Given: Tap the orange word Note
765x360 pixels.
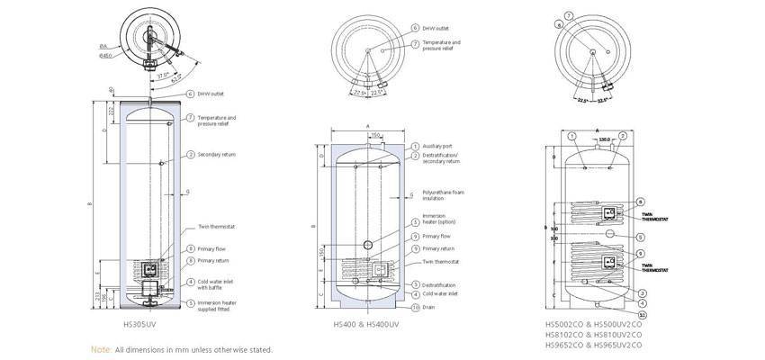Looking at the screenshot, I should (x=101, y=349).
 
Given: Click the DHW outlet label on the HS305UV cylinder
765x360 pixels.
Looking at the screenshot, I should (x=211, y=94).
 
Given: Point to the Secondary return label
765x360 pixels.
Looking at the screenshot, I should (x=216, y=155).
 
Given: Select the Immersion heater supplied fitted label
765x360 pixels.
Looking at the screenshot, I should (x=219, y=306).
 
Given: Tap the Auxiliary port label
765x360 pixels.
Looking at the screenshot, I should (x=437, y=146).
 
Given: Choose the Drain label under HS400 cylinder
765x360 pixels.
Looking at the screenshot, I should (x=428, y=307).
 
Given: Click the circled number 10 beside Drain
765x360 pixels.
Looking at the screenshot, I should (x=415, y=307).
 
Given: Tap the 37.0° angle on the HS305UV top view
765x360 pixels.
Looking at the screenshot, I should (x=162, y=75).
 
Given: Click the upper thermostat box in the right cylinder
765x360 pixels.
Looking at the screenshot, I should (x=608, y=213).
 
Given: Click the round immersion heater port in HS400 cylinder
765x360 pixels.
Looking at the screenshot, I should (x=367, y=246).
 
